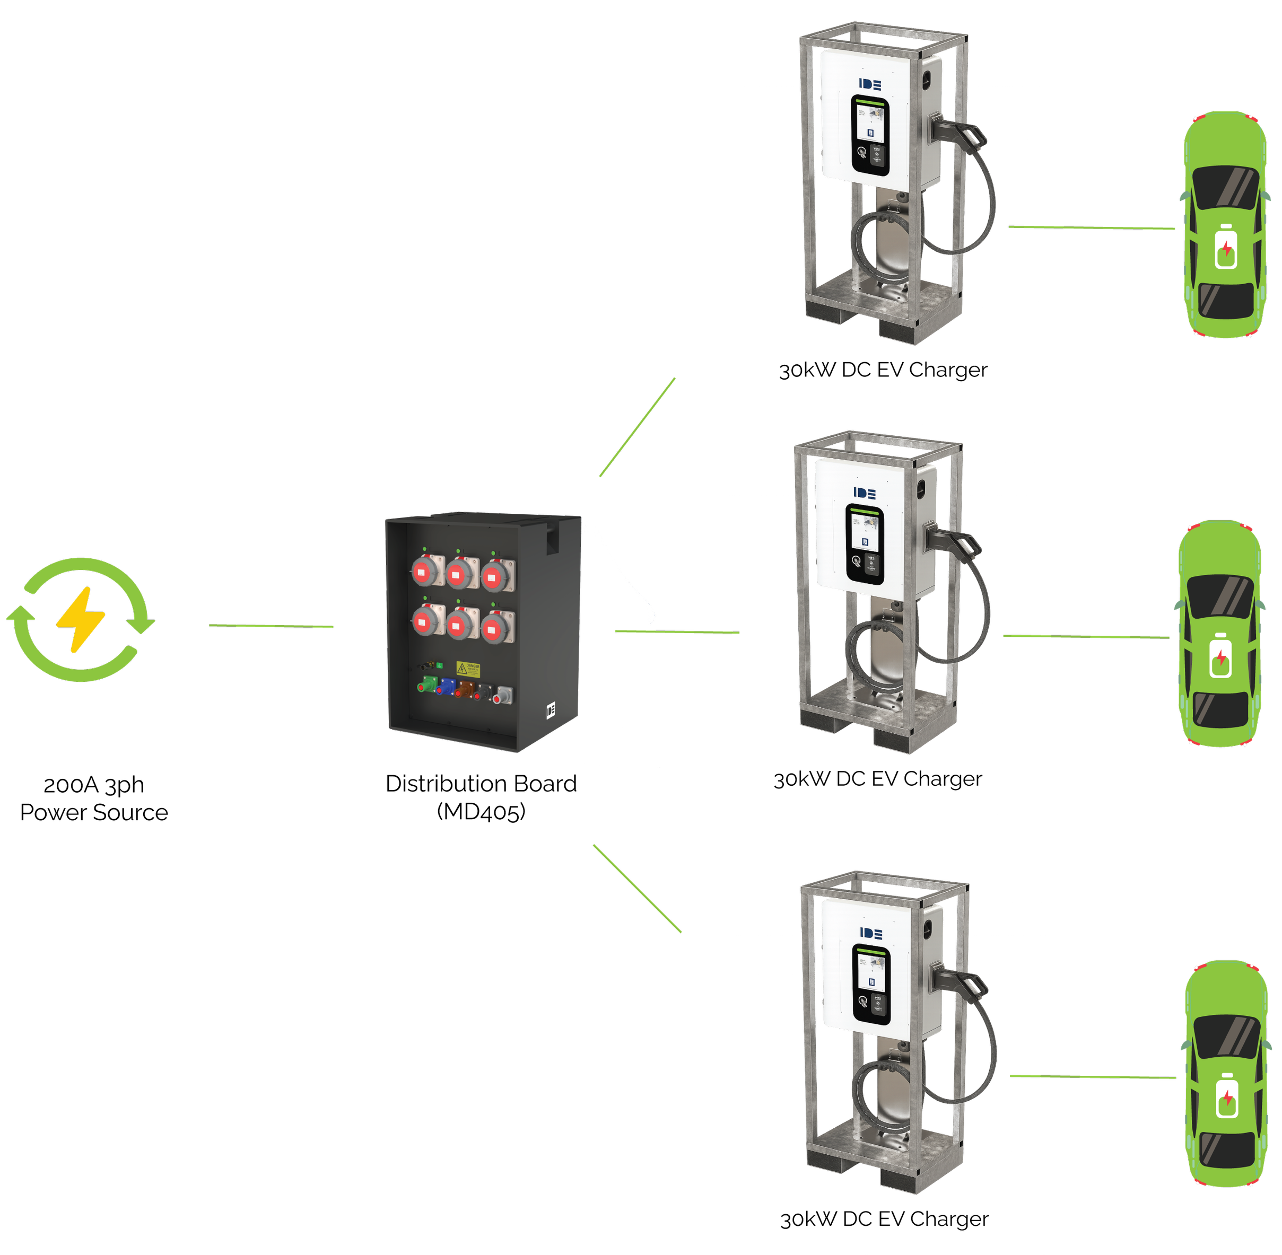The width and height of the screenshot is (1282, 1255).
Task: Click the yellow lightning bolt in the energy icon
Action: pyautogui.click(x=81, y=620)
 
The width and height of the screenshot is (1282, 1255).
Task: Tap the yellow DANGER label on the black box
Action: pyautogui.click(x=468, y=669)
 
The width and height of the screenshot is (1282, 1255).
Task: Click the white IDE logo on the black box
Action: pyautogui.click(x=551, y=710)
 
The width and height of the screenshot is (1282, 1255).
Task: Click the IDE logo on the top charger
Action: pyautogui.click(x=870, y=84)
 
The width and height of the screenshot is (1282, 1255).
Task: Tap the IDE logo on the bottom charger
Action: pyautogui.click(x=871, y=933)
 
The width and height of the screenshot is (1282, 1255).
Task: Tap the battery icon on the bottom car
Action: pyautogui.click(x=1227, y=1097)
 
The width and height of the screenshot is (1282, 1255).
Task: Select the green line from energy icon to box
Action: pyautogui.click(x=271, y=626)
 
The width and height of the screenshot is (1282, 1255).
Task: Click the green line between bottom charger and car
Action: pyautogui.click(x=1092, y=1077)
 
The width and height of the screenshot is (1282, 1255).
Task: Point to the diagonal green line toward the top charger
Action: pyautogui.click(x=637, y=427)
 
